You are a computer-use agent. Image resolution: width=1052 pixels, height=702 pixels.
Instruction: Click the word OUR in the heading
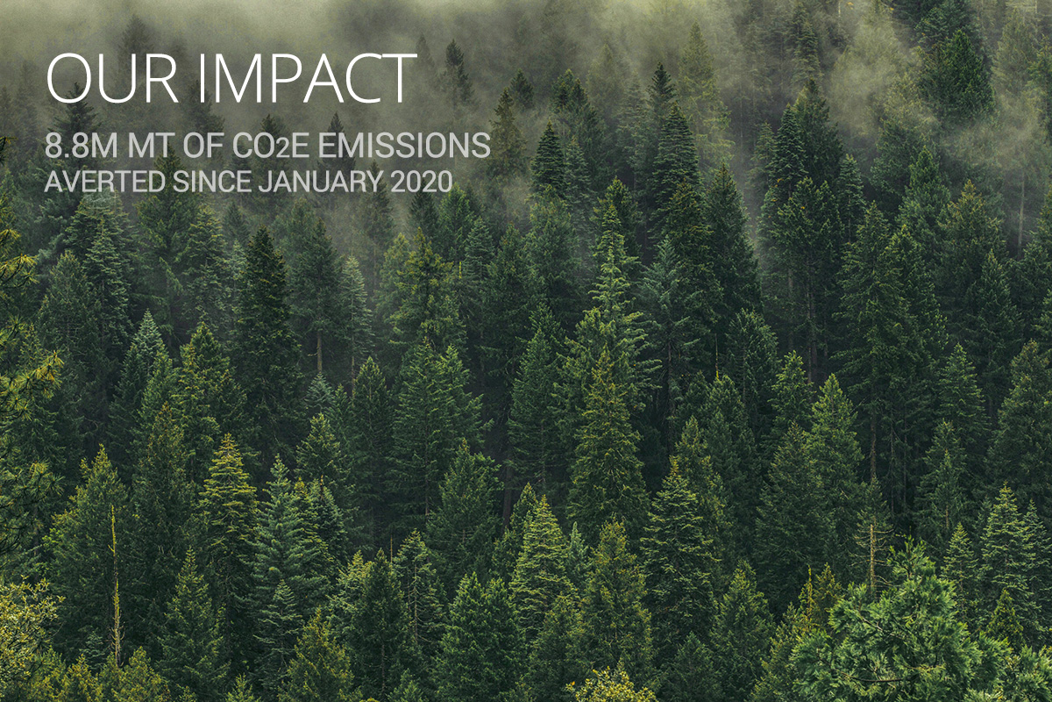coord(112,78)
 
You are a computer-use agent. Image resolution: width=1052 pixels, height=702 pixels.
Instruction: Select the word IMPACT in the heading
coord(308,78)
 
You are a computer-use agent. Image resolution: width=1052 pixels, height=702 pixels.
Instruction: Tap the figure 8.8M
coord(82,146)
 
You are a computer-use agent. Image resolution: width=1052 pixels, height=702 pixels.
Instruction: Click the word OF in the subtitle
coord(203,146)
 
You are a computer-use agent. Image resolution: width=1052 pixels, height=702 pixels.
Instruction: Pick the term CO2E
coord(271,146)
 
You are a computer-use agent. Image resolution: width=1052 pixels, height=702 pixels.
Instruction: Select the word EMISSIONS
coord(404,146)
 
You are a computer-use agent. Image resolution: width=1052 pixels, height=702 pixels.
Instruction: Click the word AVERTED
coord(104,182)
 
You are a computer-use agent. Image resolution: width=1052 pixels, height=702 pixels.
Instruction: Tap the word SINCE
coord(212,182)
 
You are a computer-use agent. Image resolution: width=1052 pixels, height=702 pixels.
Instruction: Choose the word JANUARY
coord(320,182)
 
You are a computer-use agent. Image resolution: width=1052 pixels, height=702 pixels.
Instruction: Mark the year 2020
coord(422,182)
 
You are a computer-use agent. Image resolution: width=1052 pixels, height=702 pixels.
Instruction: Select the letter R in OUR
coord(163,78)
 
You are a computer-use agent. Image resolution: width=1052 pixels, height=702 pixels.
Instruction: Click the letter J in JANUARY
coord(264,182)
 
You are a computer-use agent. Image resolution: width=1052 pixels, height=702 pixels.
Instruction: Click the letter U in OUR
coord(121,79)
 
